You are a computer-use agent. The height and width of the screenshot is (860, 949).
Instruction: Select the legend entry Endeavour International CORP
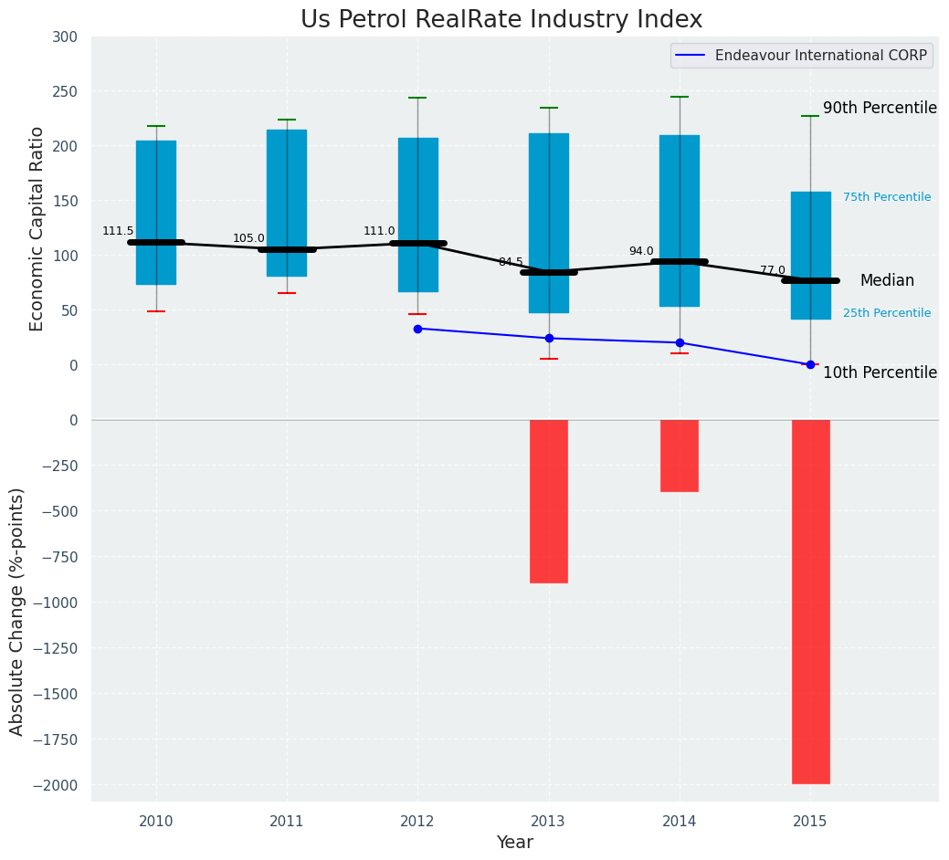[820, 56]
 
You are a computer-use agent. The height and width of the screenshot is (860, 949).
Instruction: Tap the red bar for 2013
[549, 500]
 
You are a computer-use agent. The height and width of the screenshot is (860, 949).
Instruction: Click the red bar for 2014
[680, 456]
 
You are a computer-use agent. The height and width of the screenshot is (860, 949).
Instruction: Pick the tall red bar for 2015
[810, 601]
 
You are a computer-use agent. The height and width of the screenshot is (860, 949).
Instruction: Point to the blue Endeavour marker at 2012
[417, 329]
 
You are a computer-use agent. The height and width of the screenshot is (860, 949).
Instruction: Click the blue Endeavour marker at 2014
[680, 343]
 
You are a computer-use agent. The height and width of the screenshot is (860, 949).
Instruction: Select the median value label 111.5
[118, 232]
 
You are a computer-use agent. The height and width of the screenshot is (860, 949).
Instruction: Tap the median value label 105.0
[248, 239]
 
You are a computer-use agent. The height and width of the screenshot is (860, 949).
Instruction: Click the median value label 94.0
[641, 252]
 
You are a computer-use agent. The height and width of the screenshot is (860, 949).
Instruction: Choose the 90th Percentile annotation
[880, 109]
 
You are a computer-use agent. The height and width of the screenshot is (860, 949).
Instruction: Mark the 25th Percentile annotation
[887, 313]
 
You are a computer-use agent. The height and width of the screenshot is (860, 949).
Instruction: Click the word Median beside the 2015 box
[887, 281]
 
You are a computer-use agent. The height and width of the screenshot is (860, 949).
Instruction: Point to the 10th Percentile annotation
[880, 373]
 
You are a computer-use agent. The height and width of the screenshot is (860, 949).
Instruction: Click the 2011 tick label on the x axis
[287, 823]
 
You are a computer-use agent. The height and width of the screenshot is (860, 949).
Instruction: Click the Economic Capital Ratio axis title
[37, 229]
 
